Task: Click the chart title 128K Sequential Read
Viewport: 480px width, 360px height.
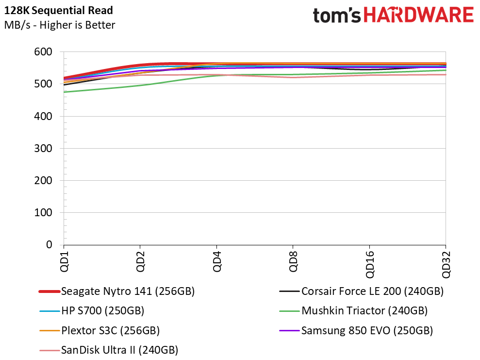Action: pos(58,10)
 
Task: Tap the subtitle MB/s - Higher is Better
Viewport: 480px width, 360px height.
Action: pos(60,25)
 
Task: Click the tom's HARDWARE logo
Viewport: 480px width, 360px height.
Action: pos(393,16)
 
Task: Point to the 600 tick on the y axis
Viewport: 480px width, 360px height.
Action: pos(43,52)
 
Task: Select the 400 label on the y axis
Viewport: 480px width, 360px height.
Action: pos(43,116)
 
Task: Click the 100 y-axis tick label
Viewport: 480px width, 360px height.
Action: pos(43,212)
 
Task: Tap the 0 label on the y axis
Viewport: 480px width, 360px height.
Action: pos(49,244)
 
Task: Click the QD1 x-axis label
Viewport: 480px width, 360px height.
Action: pos(64,261)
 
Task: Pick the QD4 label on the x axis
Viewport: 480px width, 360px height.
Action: pos(217,261)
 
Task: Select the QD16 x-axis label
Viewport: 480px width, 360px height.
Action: pos(369,264)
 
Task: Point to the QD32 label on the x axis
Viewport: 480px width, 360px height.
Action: pos(446,264)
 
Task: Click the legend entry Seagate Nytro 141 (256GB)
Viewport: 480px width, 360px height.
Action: pos(128,291)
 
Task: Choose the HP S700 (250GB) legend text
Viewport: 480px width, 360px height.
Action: pos(102,310)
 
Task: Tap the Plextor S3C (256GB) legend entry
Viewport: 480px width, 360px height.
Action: pos(110,330)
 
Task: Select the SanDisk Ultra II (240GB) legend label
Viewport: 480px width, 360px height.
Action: pos(119,350)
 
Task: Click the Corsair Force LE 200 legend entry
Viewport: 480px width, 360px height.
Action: pos(372,291)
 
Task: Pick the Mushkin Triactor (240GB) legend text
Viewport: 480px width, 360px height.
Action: pos(364,310)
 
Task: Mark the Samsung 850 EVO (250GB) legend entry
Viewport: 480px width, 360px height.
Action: pos(367,330)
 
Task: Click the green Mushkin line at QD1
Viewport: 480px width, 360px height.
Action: pos(64,92)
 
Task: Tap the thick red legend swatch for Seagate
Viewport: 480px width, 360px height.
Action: pos(50,291)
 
